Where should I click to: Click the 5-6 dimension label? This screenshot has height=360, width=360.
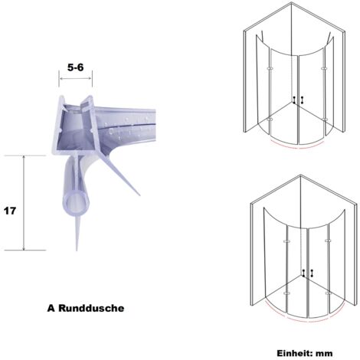coord(75,67)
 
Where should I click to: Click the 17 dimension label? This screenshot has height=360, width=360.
coord(10,211)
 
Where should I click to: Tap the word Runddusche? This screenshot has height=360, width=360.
coord(91,308)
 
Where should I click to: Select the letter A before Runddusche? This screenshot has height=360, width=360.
coord(51,308)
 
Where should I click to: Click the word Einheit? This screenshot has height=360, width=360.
coord(295,353)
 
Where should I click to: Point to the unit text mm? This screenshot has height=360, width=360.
coord(324,354)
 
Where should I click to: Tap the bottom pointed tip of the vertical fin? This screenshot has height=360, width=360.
coord(77,250)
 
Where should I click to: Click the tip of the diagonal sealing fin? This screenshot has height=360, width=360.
coord(139,195)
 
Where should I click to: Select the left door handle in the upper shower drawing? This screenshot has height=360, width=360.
coord(295,100)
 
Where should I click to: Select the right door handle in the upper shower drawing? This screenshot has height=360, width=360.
coord(302,100)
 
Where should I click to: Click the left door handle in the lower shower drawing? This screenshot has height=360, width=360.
coord(303,273)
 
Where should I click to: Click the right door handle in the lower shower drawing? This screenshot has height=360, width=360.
coord(312,273)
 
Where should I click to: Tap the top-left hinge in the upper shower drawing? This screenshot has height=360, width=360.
coord(270,68)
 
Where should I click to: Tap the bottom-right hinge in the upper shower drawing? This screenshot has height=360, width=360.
coord(325,119)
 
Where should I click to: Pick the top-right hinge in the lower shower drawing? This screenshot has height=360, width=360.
coord(329,241)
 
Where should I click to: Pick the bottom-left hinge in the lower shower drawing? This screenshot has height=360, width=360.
coord(286,293)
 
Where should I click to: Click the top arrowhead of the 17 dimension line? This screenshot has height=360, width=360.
coord(24,157)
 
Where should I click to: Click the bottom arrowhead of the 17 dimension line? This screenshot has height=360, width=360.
coord(24,248)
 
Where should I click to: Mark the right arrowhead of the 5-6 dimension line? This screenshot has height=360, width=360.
coord(90,78)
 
